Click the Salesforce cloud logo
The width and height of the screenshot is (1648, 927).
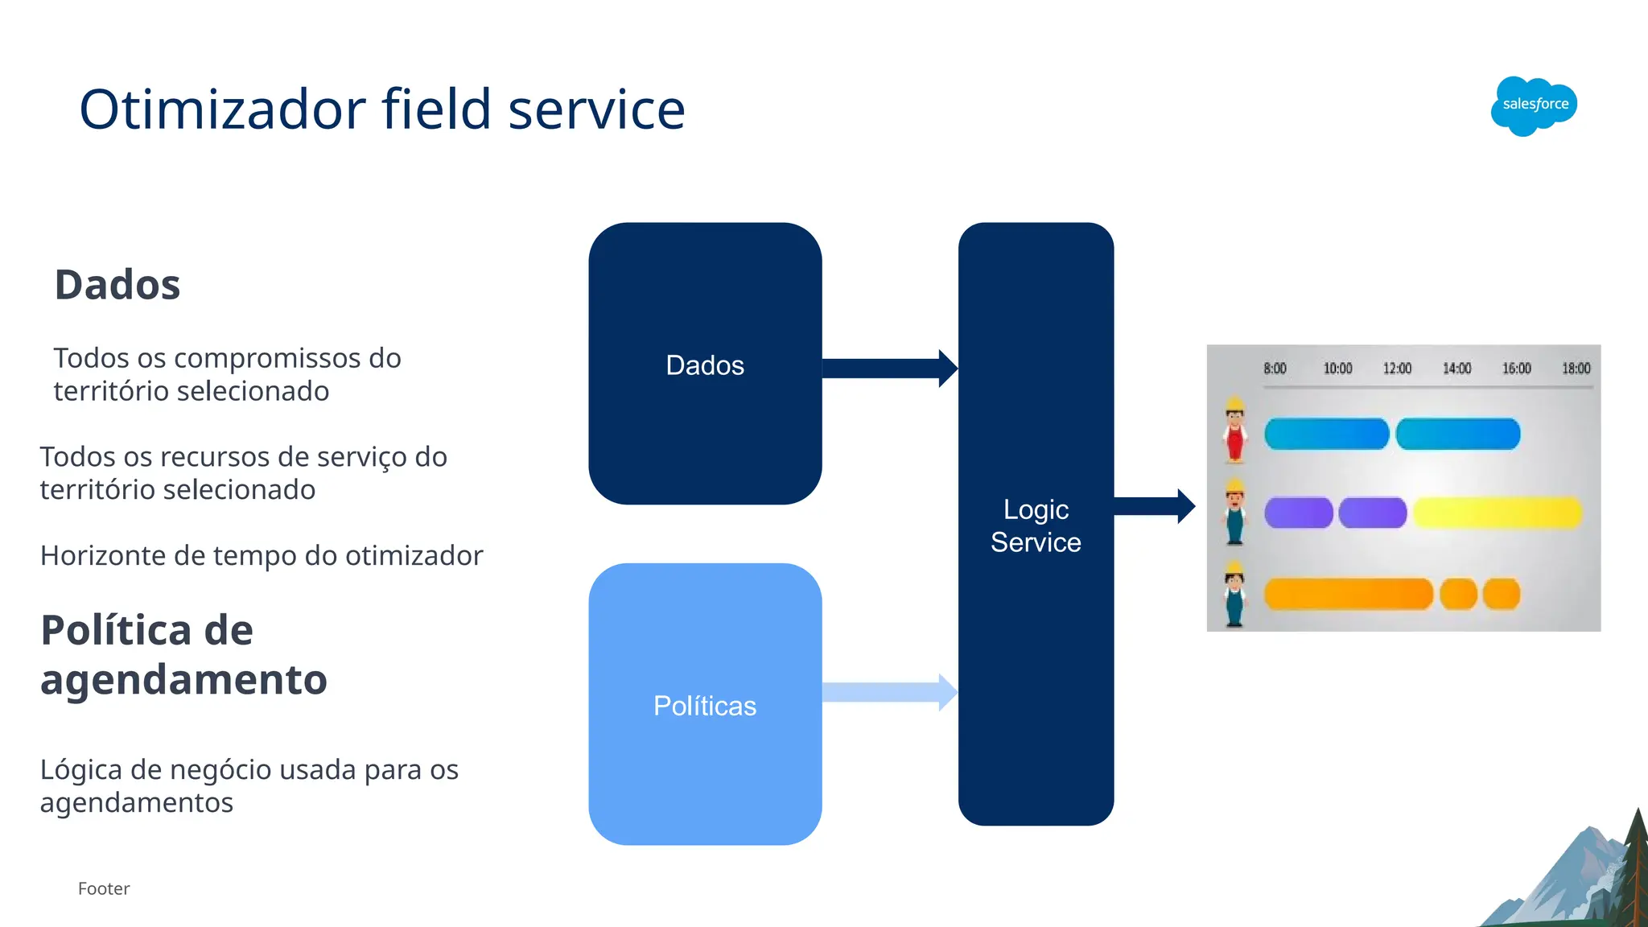point(1534,105)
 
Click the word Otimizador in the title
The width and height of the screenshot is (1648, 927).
point(223,109)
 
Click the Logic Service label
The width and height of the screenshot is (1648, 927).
point(1036,525)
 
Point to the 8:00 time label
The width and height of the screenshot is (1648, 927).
point(1275,369)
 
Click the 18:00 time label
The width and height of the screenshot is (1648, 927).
point(1576,369)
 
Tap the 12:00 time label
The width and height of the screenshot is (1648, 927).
point(1397,369)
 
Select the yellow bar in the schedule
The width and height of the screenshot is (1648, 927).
point(1497,513)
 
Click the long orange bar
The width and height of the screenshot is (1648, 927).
point(1349,594)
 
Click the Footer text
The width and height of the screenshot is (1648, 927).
point(104,888)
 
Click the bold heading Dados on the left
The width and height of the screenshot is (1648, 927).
point(117,285)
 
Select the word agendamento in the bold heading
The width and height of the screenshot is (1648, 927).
point(183,679)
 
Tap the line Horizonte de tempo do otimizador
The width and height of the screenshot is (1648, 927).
point(262,555)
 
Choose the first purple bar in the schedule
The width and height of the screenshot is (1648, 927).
point(1298,513)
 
